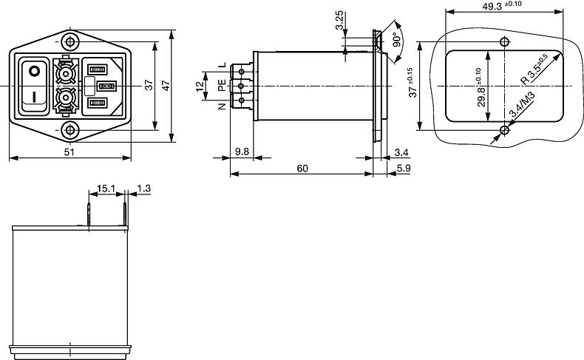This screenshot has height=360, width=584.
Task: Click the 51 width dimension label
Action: [69, 152]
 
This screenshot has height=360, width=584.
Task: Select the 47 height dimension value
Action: [166, 86]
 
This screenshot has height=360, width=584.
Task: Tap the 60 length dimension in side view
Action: [302, 169]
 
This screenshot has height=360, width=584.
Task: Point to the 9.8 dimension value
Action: [242, 152]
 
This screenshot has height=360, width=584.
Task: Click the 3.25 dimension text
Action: [339, 20]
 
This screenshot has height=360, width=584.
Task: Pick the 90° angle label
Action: [397, 39]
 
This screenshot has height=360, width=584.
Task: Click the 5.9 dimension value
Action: [404, 169]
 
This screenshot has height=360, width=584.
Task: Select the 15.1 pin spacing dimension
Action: [106, 189]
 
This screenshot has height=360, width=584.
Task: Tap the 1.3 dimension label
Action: [143, 189]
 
